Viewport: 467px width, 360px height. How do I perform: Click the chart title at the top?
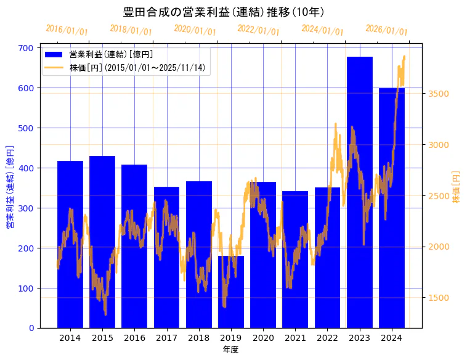(x=224, y=12)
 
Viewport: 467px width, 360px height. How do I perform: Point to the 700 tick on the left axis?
(x=26, y=48)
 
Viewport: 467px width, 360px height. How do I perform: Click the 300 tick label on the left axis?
(x=26, y=208)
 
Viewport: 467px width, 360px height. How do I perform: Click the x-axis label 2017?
(x=166, y=338)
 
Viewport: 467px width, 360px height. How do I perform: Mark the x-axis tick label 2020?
(x=263, y=338)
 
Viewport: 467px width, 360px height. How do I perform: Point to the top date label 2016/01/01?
(x=67, y=30)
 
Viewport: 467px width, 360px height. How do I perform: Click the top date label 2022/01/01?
(x=258, y=30)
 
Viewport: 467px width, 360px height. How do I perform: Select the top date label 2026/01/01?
(x=386, y=30)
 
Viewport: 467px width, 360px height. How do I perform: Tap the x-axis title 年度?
(x=230, y=350)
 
